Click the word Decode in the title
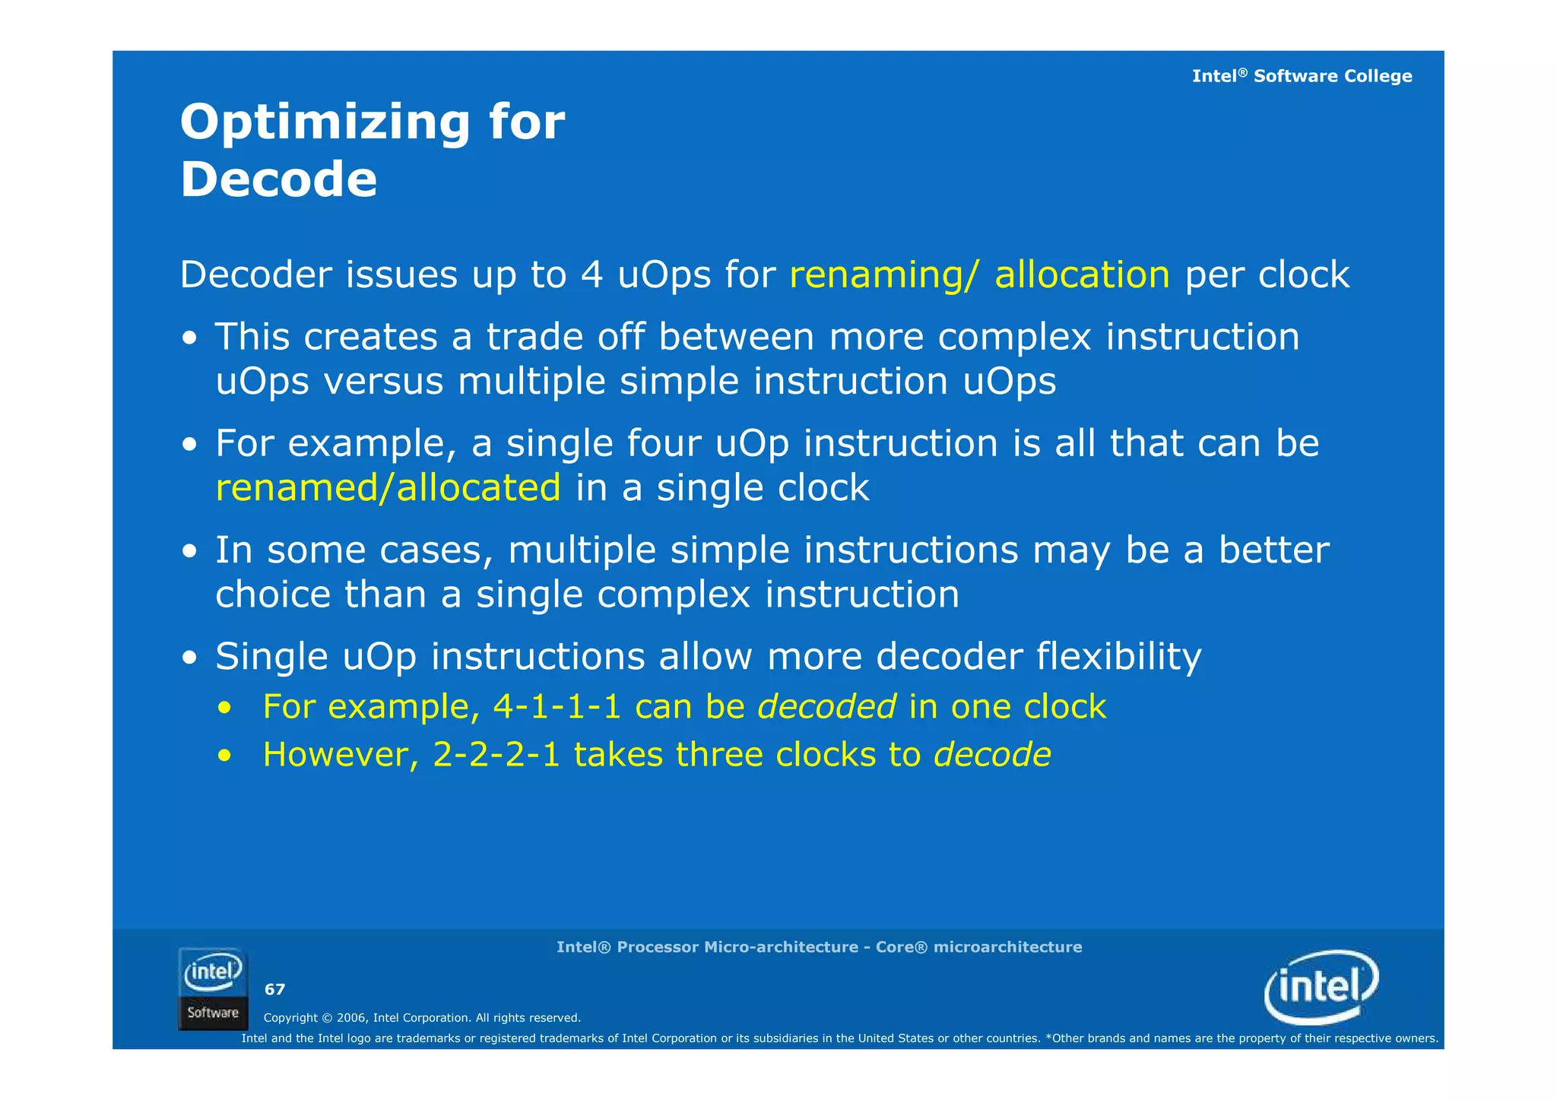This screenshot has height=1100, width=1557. tap(278, 180)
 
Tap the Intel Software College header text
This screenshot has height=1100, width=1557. tap(1301, 76)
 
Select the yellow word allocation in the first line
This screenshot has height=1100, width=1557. tap(1081, 274)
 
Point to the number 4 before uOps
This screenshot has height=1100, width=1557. tap(591, 274)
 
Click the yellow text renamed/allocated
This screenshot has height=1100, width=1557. tap(388, 487)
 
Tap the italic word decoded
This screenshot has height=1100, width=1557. tap(826, 707)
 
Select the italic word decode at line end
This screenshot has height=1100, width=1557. tap(991, 755)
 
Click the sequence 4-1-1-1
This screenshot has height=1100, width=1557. tap(557, 707)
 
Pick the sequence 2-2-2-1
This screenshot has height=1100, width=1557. tap(496, 755)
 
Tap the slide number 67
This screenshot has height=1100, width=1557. tap(274, 989)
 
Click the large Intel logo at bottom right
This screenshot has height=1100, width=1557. tap(1321, 986)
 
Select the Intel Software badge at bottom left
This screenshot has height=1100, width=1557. tap(213, 989)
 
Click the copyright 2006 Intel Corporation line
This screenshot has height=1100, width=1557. tap(422, 1018)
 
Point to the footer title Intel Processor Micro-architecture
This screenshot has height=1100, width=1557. tap(818, 947)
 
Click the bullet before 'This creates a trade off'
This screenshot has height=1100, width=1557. tap(190, 338)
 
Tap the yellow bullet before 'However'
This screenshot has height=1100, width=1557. tap(224, 756)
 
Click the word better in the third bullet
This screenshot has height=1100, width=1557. tap(1273, 550)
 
